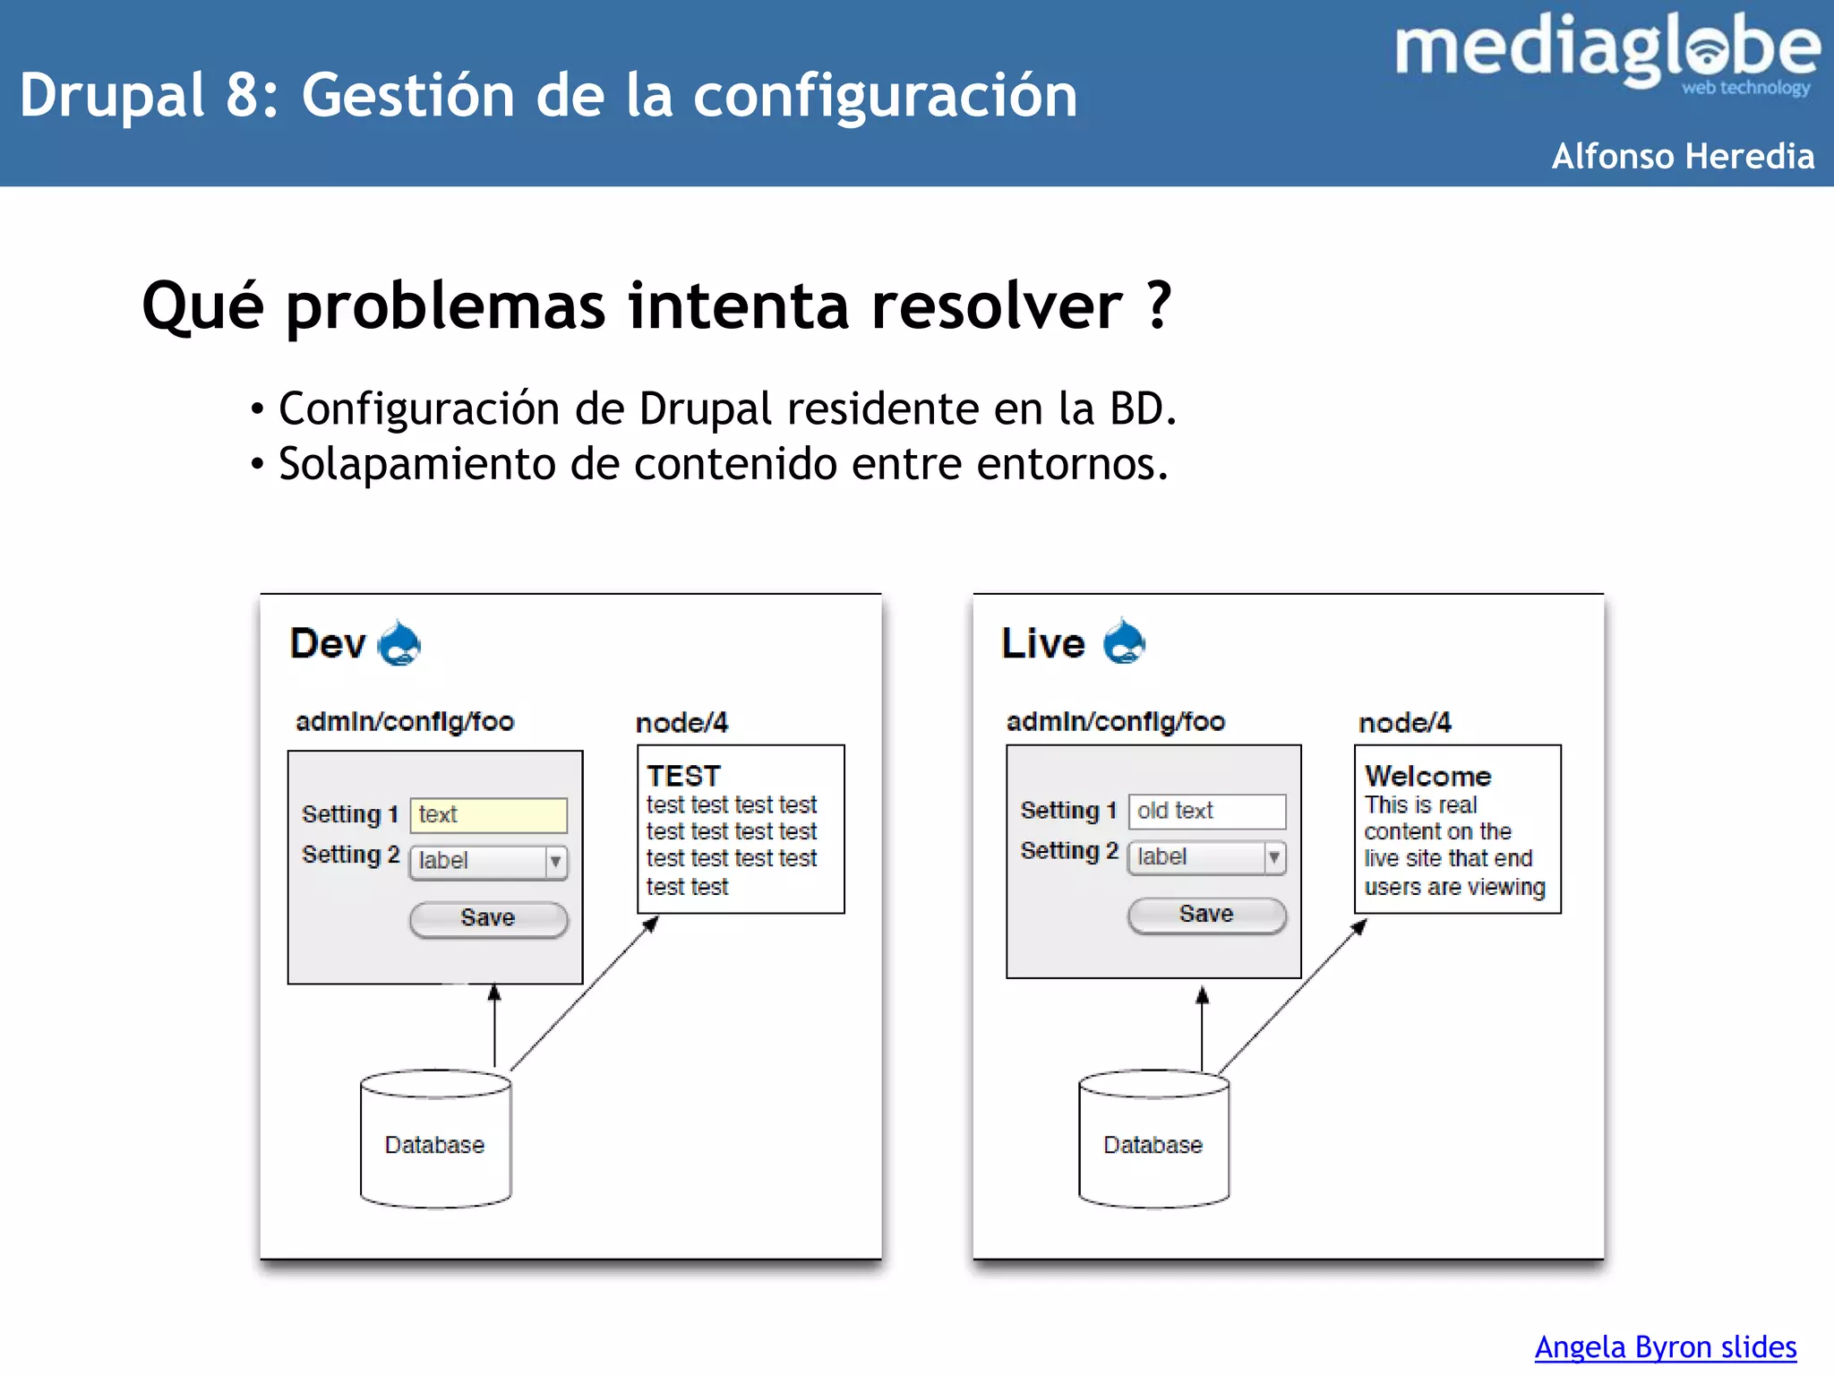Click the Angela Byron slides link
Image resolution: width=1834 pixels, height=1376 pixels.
click(x=1665, y=1346)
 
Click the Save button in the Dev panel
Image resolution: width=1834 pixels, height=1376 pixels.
click(x=488, y=918)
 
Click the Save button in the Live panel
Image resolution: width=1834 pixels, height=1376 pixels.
click(x=1206, y=915)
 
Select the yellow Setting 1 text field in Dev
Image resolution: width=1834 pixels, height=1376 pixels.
click(x=488, y=815)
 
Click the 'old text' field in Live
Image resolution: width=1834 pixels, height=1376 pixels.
click(x=1206, y=811)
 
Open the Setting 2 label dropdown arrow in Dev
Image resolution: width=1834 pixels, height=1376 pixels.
click(x=556, y=862)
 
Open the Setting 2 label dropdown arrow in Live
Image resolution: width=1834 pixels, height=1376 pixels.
click(x=1274, y=857)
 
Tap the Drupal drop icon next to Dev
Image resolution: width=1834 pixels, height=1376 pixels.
click(x=399, y=644)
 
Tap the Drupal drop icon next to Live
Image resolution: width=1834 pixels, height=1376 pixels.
click(x=1124, y=642)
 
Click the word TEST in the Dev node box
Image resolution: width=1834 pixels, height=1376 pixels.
click(x=683, y=776)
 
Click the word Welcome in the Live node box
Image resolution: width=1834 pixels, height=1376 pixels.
click(x=1427, y=776)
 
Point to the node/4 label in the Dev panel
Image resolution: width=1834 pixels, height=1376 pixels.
click(x=681, y=723)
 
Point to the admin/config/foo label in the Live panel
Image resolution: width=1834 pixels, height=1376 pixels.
click(x=1115, y=722)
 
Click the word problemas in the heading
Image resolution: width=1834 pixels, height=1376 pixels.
click(x=447, y=306)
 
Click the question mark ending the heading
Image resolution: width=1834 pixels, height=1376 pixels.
click(x=1158, y=306)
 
